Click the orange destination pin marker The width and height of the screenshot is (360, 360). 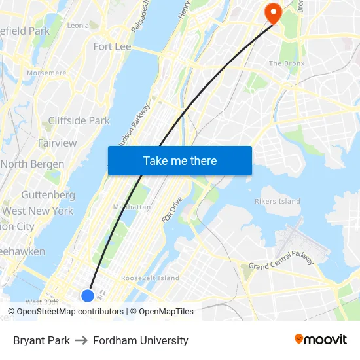click(271, 12)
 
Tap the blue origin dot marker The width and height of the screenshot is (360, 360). click(87, 295)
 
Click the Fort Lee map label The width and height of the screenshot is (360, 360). click(112, 46)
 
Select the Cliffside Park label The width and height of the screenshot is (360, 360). click(79, 120)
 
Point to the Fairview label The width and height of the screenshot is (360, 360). click(57, 143)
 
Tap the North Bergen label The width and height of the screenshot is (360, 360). click(33, 164)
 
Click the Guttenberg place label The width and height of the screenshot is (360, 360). click(48, 195)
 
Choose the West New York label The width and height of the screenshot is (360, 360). click(38, 211)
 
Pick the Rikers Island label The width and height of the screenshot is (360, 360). click(278, 202)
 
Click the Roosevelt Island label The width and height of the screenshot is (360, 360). click(150, 278)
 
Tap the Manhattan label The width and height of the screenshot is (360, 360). click(132, 207)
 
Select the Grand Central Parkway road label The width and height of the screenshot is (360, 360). click(281, 260)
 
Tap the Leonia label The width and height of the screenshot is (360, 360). click(78, 26)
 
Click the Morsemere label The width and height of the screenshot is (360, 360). click(46, 73)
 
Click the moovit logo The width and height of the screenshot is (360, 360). click(320, 340)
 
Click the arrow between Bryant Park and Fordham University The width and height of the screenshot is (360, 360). click(81, 340)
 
